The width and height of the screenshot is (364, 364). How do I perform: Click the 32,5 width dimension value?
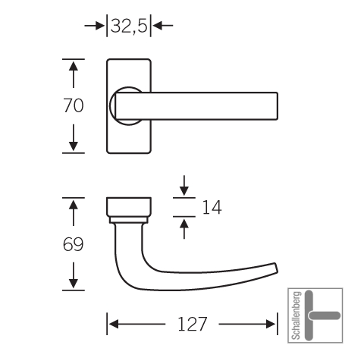click(129, 26)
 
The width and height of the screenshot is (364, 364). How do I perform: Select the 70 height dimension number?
click(73, 105)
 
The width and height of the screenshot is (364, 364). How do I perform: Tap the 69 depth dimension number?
click(73, 244)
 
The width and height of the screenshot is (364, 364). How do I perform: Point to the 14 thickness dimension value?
click(212, 207)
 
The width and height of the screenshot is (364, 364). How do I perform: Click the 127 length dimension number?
click(192, 324)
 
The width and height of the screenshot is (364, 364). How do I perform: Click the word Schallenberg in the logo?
click(297, 315)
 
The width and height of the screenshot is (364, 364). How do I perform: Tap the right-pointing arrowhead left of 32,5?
click(100, 26)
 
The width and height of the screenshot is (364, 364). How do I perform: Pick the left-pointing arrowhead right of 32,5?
click(158, 26)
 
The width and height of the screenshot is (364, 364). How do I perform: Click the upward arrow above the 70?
click(74, 74)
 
